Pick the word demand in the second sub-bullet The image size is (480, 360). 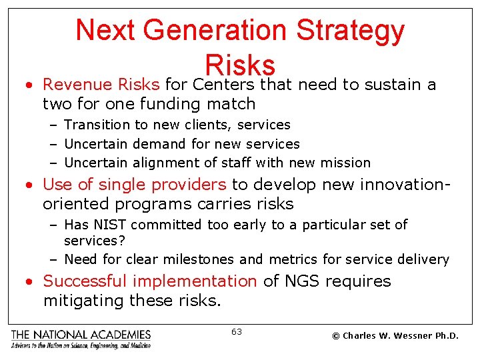pyautogui.click(x=161, y=144)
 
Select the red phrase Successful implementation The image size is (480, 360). pyautogui.click(x=150, y=281)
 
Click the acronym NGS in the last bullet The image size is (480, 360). pyautogui.click(x=302, y=281)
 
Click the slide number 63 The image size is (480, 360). pyautogui.click(x=237, y=331)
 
